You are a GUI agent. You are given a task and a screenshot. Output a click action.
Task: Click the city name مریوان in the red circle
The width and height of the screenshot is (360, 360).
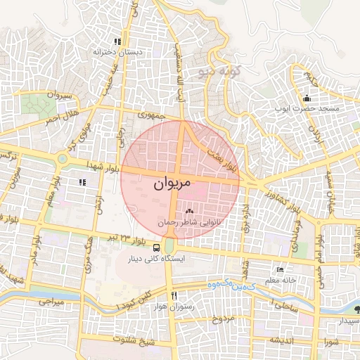click(x=172, y=184)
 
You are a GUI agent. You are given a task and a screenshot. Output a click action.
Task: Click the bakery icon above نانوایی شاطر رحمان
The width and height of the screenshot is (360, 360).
click(x=188, y=211)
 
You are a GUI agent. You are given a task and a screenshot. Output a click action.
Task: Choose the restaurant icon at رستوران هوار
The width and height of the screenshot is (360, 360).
click(x=174, y=295)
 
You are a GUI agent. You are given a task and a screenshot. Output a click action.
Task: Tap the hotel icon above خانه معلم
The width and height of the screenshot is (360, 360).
click(x=280, y=270)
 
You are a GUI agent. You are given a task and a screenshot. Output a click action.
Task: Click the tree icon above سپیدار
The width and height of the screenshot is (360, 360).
click(x=356, y=309)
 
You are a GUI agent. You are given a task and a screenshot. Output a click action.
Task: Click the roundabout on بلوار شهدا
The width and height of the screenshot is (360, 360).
click(x=63, y=160)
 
